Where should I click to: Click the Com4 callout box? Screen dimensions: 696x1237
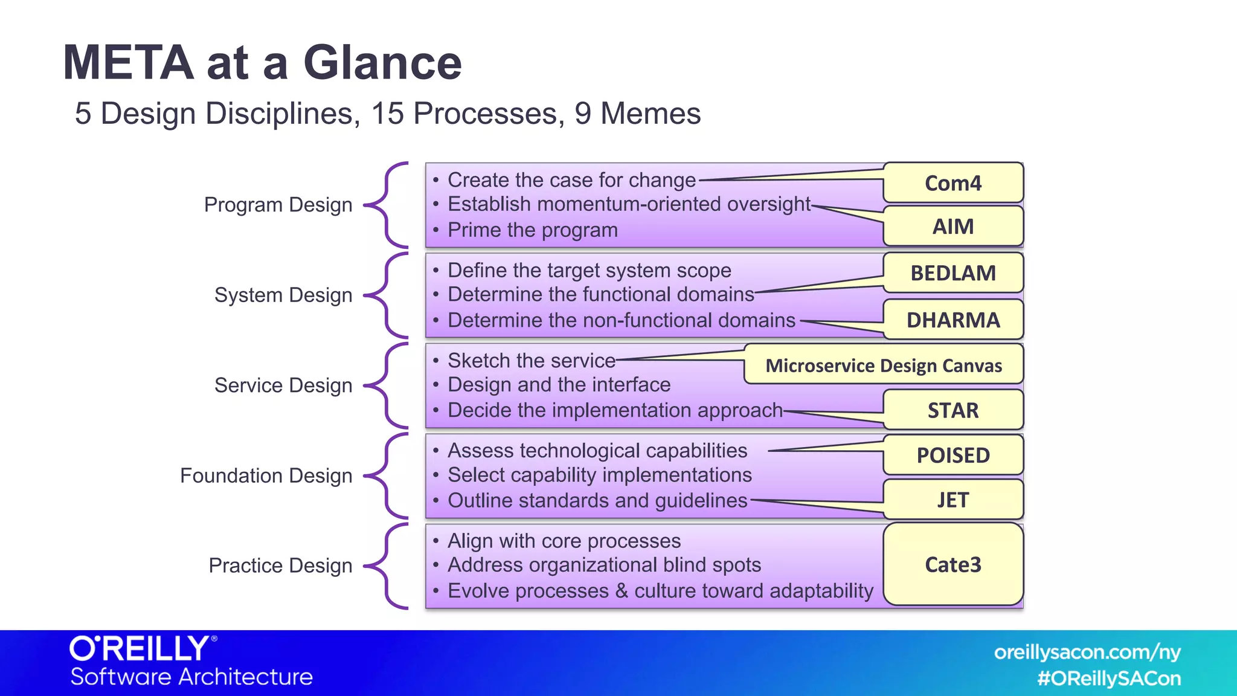tap(953, 182)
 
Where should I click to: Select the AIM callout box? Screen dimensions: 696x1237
tap(953, 226)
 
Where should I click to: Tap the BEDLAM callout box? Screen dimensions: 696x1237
tap(953, 272)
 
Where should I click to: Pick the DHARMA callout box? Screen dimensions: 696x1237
tap(953, 320)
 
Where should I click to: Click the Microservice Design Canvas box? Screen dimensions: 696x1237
tap(883, 365)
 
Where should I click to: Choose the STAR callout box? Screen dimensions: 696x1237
tap(953, 410)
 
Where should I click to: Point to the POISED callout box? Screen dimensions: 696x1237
tap(953, 455)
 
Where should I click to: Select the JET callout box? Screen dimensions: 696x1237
tap(953, 500)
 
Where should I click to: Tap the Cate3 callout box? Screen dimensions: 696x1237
tap(953, 564)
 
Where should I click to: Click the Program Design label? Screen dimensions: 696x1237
tap(278, 205)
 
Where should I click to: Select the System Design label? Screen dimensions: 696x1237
tap(283, 295)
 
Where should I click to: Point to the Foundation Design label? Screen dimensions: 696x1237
tap(266, 475)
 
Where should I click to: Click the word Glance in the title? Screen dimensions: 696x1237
tap(382, 63)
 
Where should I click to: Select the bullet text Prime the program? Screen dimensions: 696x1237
tap(532, 230)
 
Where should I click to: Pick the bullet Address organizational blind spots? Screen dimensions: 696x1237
tap(604, 565)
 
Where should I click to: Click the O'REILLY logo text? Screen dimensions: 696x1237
tap(140, 649)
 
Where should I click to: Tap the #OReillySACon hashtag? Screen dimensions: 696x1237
tap(1108, 678)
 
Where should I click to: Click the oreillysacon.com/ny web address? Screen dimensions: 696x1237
tap(1087, 652)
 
